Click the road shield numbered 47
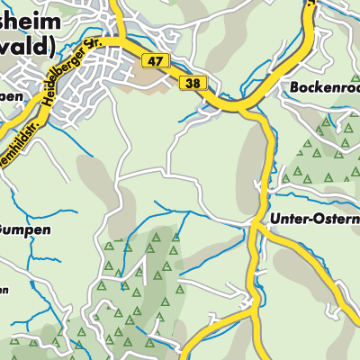click(155, 60)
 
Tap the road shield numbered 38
click(193, 83)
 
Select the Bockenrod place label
click(325, 88)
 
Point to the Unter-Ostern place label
click(314, 220)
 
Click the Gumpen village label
click(25, 229)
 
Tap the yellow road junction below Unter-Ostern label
click(260, 233)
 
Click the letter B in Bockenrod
click(294, 88)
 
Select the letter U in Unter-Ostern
click(274, 220)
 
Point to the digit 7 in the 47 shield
click(159, 60)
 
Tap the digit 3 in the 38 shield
click(188, 83)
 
